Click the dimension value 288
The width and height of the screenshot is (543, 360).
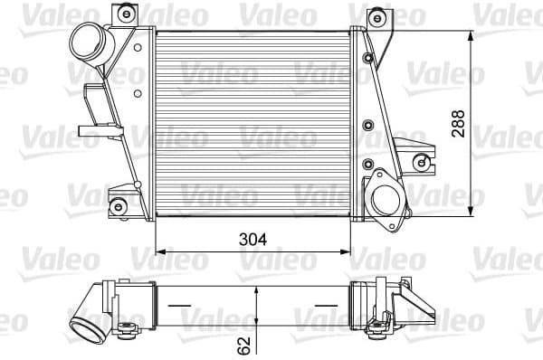coord(459,123)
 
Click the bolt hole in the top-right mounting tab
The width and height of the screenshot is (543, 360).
coord(376,18)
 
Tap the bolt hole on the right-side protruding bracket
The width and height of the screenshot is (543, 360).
coord(420,162)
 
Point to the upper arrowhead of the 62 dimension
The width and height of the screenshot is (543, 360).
coord(259,292)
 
